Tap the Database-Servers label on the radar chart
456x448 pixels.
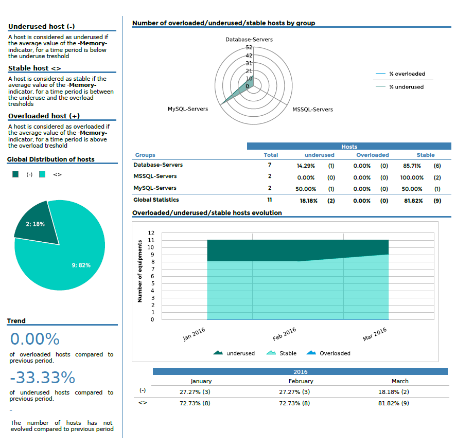[x=249, y=40]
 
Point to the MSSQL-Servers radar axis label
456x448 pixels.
[x=312, y=110]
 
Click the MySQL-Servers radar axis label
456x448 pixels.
[x=188, y=109]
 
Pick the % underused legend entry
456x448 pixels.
[x=406, y=87]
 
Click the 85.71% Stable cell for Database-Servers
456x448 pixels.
[x=411, y=166]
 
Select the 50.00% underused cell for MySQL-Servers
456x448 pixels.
[x=306, y=189]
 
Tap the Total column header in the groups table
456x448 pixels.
[x=271, y=155]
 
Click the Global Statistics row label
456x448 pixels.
[x=156, y=200]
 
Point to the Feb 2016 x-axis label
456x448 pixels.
[x=285, y=334]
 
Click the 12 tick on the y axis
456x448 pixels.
[x=151, y=233]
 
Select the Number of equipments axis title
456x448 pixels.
[x=140, y=271]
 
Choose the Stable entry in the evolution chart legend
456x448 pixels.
[x=288, y=353]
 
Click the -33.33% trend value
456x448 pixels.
[x=42, y=378]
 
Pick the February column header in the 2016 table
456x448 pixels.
[x=301, y=381]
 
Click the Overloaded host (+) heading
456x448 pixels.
[x=44, y=116]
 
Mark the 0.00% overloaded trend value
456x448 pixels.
[x=35, y=339]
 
